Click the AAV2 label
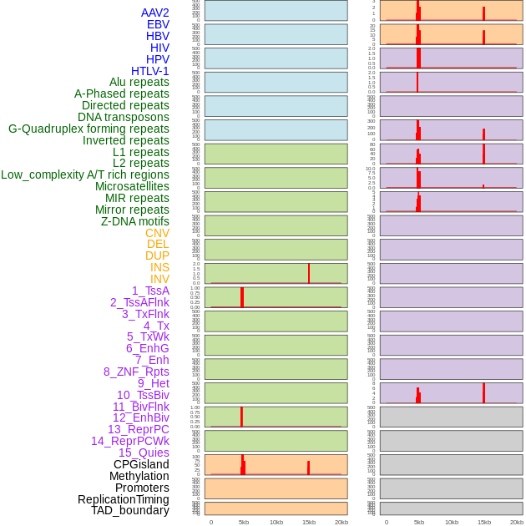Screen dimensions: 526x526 (x=155, y=13)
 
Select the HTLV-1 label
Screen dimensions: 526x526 (x=150, y=71)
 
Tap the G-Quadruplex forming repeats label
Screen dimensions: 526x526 (x=89, y=129)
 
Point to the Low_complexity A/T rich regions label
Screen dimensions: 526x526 (x=85, y=174)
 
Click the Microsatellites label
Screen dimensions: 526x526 (x=132, y=186)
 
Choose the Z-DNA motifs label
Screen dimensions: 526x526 (x=135, y=221)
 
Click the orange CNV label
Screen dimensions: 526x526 (x=157, y=233)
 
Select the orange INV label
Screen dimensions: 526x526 (x=159, y=279)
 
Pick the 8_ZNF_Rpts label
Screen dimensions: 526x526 (x=136, y=372)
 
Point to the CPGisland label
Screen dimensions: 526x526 (x=141, y=464)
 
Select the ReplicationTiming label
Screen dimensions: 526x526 (x=124, y=499)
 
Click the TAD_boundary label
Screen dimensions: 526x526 (x=130, y=510)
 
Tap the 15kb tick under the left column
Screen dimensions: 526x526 (x=309, y=522)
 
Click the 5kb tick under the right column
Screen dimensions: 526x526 (x=419, y=522)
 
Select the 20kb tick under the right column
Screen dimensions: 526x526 (x=517, y=522)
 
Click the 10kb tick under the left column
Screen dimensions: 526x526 (x=276, y=522)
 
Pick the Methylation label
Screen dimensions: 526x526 (x=139, y=476)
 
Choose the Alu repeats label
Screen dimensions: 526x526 (x=139, y=82)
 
